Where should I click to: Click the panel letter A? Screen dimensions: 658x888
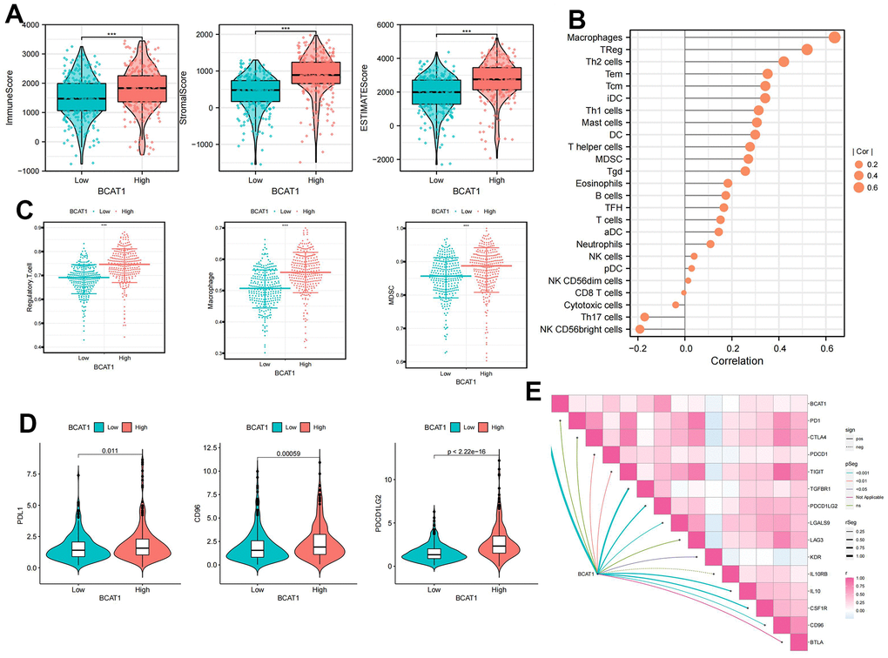click(x=15, y=15)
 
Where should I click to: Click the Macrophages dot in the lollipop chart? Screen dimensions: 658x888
click(x=834, y=37)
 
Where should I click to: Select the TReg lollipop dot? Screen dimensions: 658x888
click(x=807, y=50)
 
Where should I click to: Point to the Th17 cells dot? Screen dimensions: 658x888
click(x=645, y=318)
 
